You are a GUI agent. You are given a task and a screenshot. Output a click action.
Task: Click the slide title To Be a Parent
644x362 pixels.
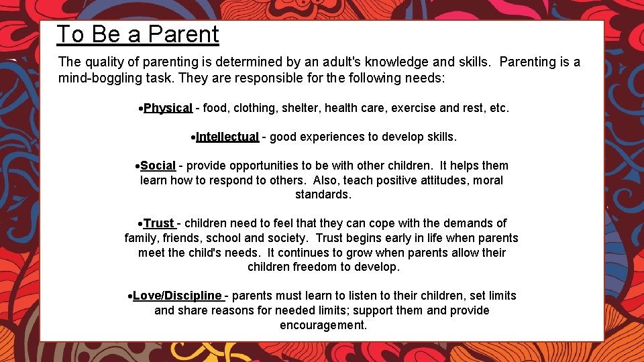click(x=138, y=34)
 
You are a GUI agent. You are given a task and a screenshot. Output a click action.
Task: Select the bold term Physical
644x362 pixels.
click(x=168, y=108)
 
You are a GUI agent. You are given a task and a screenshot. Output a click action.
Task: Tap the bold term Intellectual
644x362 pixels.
click(x=227, y=137)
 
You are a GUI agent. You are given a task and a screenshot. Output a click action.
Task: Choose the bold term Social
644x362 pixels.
click(x=158, y=166)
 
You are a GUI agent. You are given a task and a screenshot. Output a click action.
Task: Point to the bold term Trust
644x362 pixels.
click(x=159, y=223)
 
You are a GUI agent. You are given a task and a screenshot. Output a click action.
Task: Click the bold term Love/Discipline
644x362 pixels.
click(x=177, y=296)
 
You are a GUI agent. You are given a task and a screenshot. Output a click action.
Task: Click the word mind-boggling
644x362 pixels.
click(x=95, y=78)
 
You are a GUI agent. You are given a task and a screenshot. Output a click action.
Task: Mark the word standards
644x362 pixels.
click(x=323, y=195)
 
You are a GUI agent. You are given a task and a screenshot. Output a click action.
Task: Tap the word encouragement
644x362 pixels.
click(x=323, y=325)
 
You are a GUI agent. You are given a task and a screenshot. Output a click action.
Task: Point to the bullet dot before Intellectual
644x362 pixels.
click(x=192, y=137)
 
